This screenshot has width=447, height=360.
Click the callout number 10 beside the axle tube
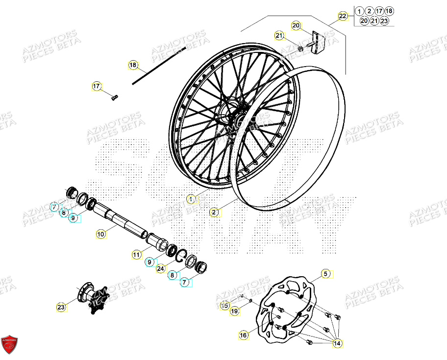tap(100, 234)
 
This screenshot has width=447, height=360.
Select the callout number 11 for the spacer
tap(136, 254)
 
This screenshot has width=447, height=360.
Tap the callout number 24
tap(161, 268)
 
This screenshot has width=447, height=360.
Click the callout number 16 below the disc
tap(244, 335)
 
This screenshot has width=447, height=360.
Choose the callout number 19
tap(235, 311)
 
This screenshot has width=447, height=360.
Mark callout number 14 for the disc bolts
tap(336, 344)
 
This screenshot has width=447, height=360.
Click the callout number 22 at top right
tap(343, 16)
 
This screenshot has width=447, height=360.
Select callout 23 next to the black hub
tap(61, 307)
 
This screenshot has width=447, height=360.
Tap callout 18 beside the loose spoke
tap(133, 65)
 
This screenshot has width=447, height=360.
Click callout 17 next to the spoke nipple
tap(97, 87)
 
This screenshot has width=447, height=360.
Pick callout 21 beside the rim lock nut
tap(279, 35)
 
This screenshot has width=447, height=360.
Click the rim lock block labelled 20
tap(318, 42)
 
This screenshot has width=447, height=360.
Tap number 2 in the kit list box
tap(369, 11)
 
